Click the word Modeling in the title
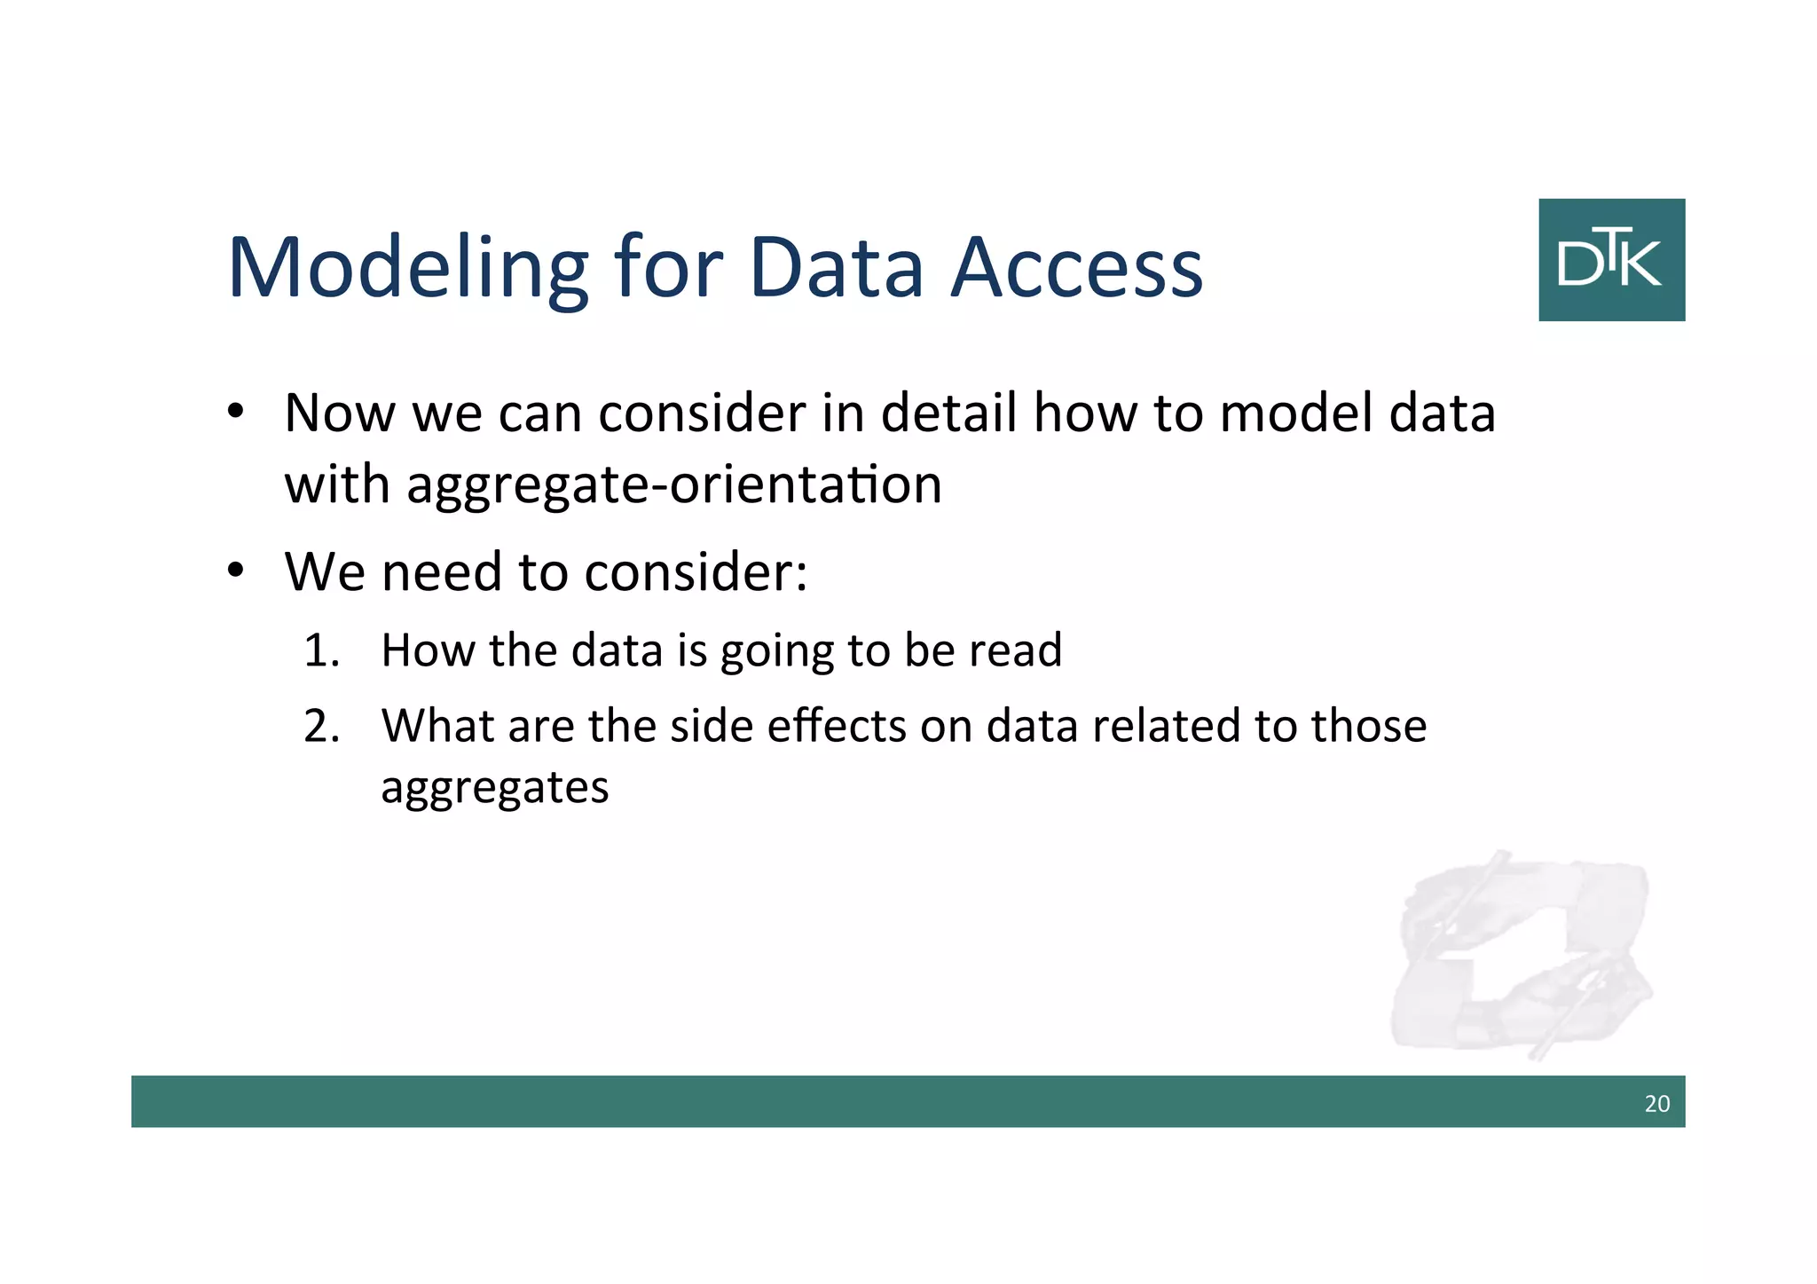[x=408, y=269]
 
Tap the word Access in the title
[x=1077, y=269]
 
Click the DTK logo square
[x=1611, y=260]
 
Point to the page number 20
[x=1656, y=1104]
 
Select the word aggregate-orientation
[x=674, y=485]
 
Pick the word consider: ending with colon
[x=696, y=572]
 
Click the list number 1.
[x=320, y=650]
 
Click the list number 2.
[x=320, y=727]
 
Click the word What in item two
[x=437, y=727]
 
